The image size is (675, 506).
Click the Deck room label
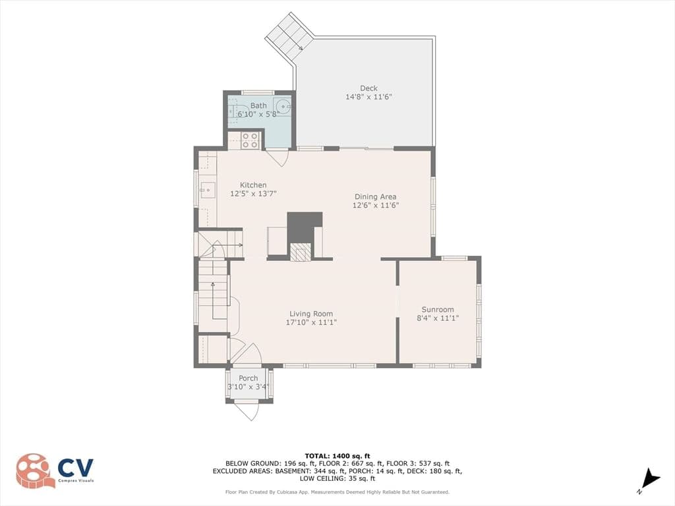click(368, 88)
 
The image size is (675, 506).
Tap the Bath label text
click(258, 105)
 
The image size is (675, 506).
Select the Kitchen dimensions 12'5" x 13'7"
click(253, 194)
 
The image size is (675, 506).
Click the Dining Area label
click(375, 196)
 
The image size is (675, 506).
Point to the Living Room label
click(311, 314)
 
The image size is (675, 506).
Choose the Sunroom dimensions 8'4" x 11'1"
click(438, 318)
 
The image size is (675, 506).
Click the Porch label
click(249, 378)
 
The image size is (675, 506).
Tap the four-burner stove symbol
click(250, 140)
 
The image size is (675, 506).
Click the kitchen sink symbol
click(208, 190)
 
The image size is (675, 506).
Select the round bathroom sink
click(283, 105)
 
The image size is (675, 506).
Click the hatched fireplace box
click(300, 252)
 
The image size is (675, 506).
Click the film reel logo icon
click(36, 470)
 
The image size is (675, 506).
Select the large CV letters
click(76, 468)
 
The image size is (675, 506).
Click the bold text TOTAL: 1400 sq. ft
click(337, 456)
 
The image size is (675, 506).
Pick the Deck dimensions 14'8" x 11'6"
click(368, 97)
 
